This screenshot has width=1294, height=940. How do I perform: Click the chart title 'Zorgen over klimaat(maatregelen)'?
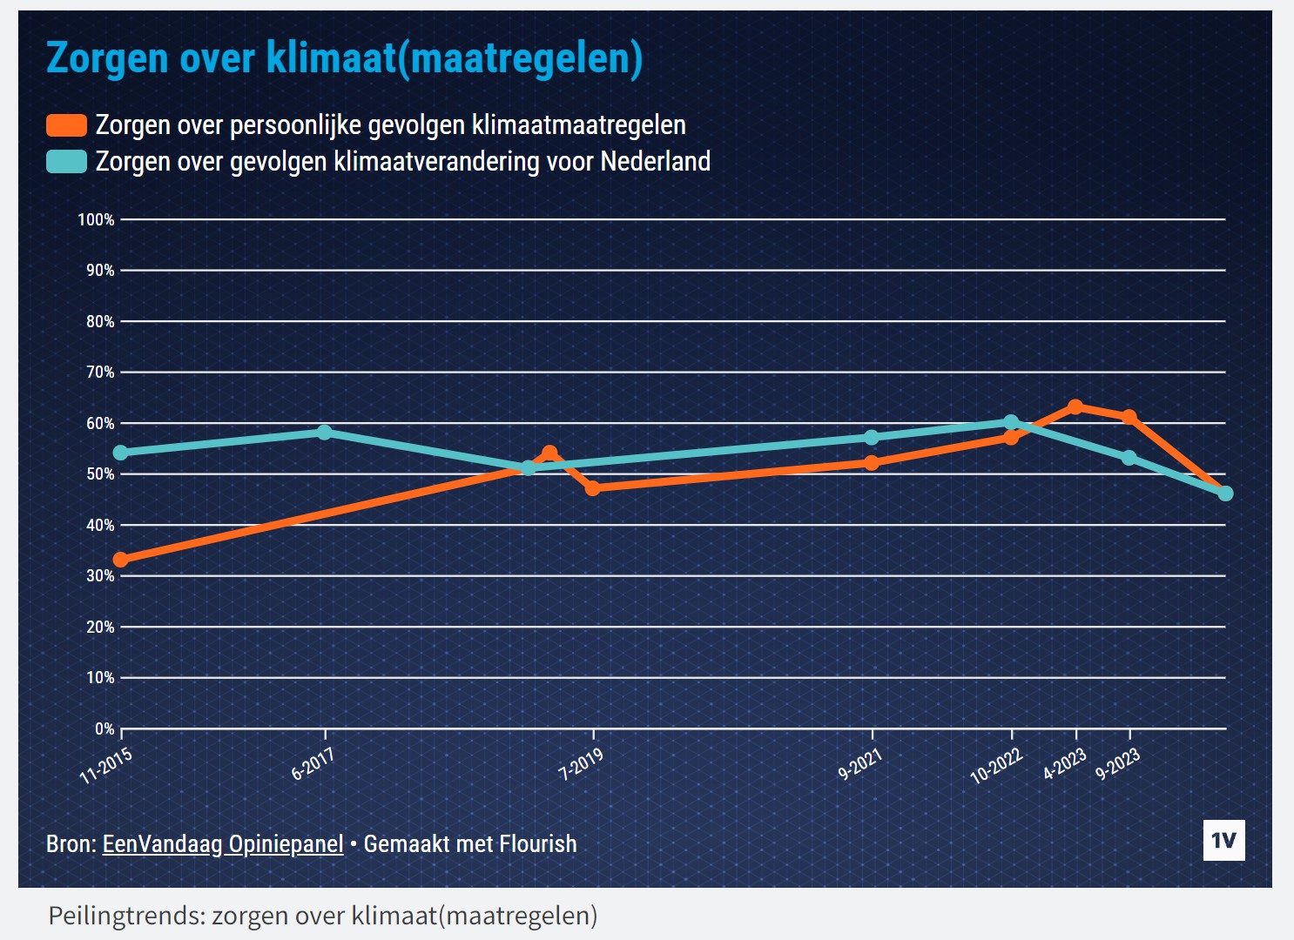344,58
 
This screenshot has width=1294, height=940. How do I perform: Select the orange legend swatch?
66,125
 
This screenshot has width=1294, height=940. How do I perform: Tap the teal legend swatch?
66,162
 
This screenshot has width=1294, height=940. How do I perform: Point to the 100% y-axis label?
96,220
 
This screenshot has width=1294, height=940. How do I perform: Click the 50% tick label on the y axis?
100,474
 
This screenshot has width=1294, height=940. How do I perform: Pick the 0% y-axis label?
104,728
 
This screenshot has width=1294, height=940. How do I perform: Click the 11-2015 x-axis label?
106,765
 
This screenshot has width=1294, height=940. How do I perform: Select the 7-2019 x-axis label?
581,764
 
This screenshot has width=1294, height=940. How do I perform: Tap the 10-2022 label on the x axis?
996,765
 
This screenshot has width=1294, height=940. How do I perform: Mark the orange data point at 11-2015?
121,560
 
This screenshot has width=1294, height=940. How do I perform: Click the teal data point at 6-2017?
325,432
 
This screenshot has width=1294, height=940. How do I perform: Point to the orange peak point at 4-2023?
1075,406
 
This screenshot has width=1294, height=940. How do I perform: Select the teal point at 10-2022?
1011,422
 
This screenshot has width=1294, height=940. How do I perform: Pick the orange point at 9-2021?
872,463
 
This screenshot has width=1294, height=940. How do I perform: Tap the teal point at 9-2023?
1129,458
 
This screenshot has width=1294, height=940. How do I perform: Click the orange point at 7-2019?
593,488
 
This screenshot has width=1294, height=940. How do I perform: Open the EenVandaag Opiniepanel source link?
223,844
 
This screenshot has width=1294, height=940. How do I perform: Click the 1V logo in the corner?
1223,840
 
